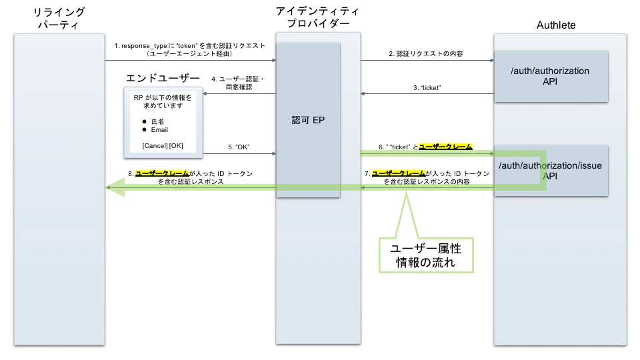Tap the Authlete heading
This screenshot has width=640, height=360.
coord(555,25)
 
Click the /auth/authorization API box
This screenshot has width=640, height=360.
coord(551,76)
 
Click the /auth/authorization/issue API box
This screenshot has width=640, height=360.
coord(551,171)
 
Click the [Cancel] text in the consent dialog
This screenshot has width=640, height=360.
coord(155,145)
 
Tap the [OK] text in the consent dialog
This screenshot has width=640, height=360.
coord(176,145)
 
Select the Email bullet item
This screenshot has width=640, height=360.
coord(160,129)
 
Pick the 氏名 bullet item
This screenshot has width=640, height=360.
coord(157,121)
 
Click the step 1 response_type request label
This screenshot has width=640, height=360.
coord(189,49)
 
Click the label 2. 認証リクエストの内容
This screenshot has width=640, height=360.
coord(426,53)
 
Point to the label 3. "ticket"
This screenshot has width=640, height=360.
coord(427,87)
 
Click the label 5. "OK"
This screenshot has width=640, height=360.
coord(238,146)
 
